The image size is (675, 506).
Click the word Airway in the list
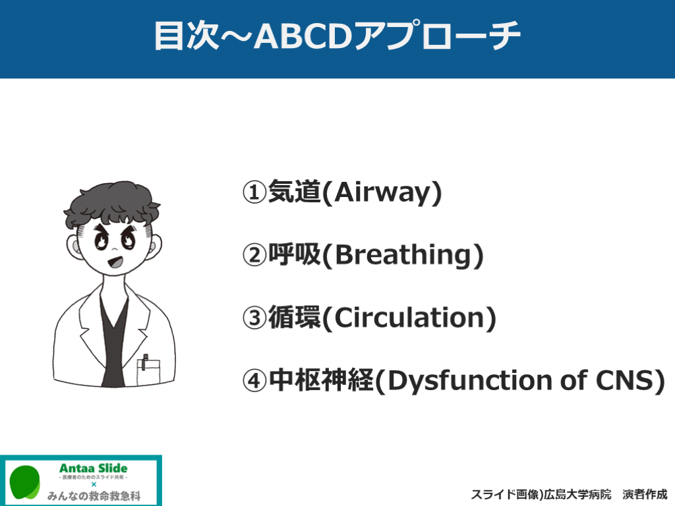coord(382,192)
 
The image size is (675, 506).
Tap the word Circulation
coord(409,318)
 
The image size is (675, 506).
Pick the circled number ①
coord(255,192)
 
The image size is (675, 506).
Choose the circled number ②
coord(255,255)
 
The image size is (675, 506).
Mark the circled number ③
coord(255,318)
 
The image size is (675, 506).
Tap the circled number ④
coord(255,380)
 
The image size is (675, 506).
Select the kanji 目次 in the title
coord(186,36)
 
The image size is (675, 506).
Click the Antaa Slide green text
coord(93,468)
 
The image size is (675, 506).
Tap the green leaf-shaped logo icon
coord(25,482)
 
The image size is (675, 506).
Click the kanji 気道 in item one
coord(295,192)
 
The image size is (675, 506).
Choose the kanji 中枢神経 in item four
coord(321,380)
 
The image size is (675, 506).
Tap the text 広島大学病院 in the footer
coord(577,495)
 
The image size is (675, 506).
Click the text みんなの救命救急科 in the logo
coord(94,496)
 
